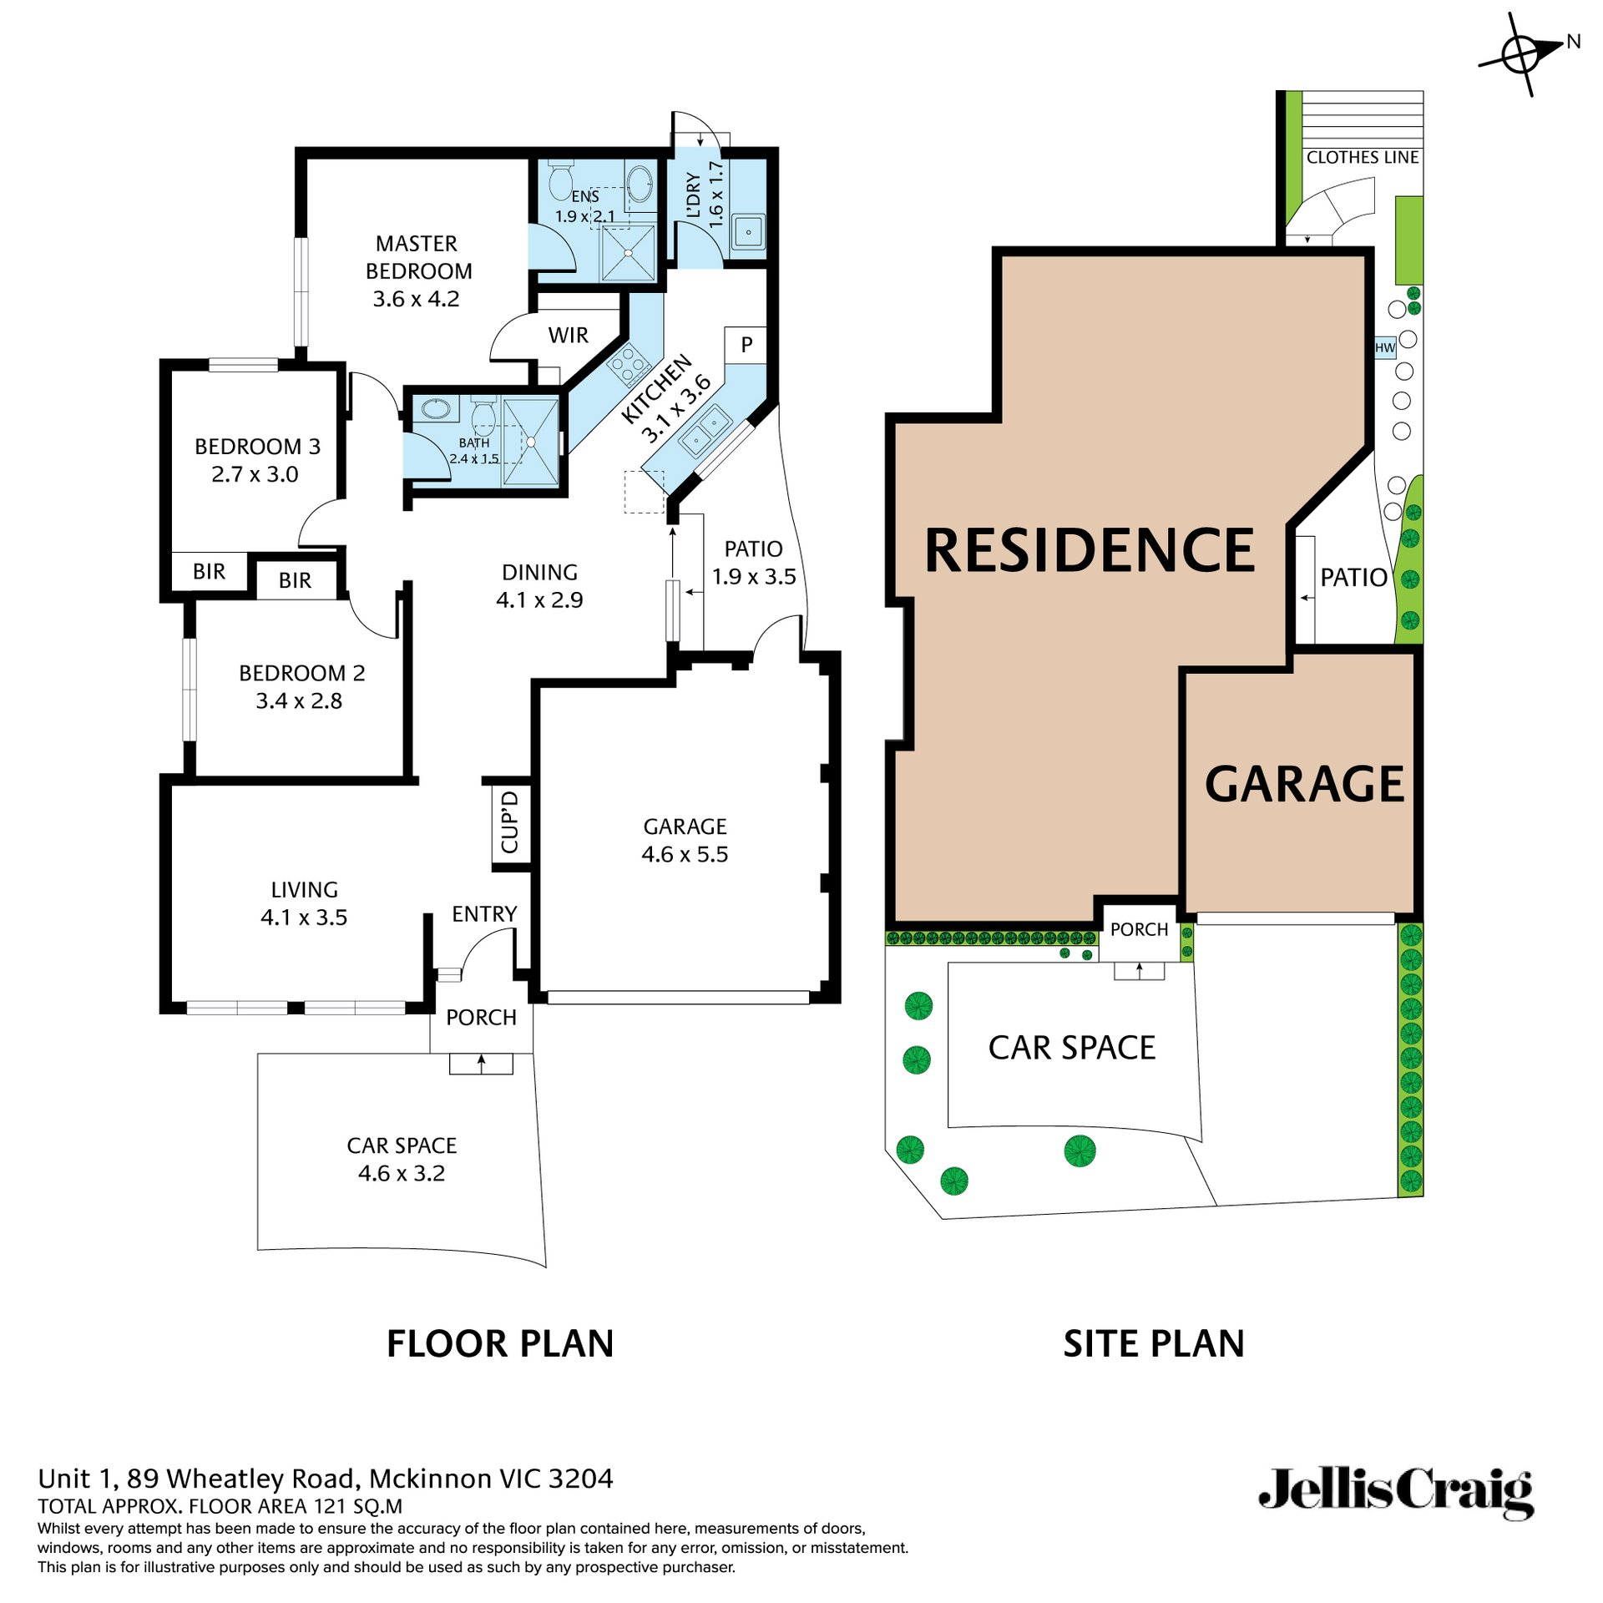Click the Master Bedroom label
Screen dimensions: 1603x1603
(x=417, y=271)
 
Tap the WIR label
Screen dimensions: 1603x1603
(x=568, y=335)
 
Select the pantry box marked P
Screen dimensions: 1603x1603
(x=746, y=344)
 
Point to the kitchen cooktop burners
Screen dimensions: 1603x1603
(x=628, y=365)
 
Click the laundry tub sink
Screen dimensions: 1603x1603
(x=748, y=232)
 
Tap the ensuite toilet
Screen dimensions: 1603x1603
(x=560, y=180)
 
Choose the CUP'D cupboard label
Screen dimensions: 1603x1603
(x=510, y=823)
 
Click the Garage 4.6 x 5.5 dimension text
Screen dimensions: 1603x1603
(x=685, y=854)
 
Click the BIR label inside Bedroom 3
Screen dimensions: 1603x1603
(x=209, y=571)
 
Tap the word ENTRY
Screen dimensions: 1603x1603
(x=484, y=914)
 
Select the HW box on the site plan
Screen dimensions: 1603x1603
(x=1385, y=348)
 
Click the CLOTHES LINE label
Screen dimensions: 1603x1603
(x=1362, y=157)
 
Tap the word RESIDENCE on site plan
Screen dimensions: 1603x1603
(x=1090, y=551)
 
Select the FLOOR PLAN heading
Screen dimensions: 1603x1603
(x=500, y=1344)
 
